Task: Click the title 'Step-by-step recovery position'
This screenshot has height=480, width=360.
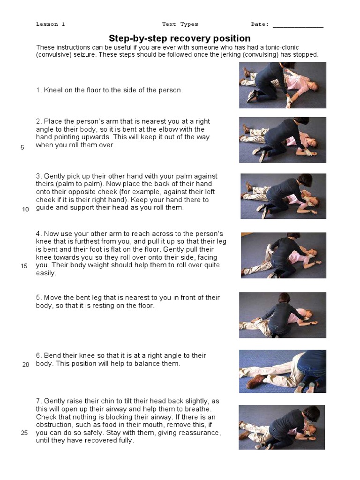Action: [x=180, y=38]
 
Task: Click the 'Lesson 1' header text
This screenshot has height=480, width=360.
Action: [x=50, y=24]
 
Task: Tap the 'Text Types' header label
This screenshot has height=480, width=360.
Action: [x=180, y=24]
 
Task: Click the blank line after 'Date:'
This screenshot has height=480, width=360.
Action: [x=298, y=25]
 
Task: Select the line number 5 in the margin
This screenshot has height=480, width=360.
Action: [x=22, y=147]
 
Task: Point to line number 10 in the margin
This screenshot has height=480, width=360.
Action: [x=25, y=209]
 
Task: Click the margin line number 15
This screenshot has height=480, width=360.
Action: [x=24, y=266]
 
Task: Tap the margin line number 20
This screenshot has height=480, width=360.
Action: [x=25, y=365]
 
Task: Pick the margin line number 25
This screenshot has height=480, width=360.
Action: [x=24, y=433]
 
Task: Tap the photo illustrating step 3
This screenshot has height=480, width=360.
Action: [x=283, y=196]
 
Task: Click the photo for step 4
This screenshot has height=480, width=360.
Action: [x=283, y=255]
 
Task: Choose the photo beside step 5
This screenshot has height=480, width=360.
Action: [x=282, y=315]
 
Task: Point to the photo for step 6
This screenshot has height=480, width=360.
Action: [x=282, y=371]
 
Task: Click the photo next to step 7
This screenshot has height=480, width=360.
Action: [x=281, y=427]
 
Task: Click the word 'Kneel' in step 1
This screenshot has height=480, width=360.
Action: [x=52, y=90]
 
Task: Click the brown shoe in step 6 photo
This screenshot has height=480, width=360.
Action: [x=256, y=382]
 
